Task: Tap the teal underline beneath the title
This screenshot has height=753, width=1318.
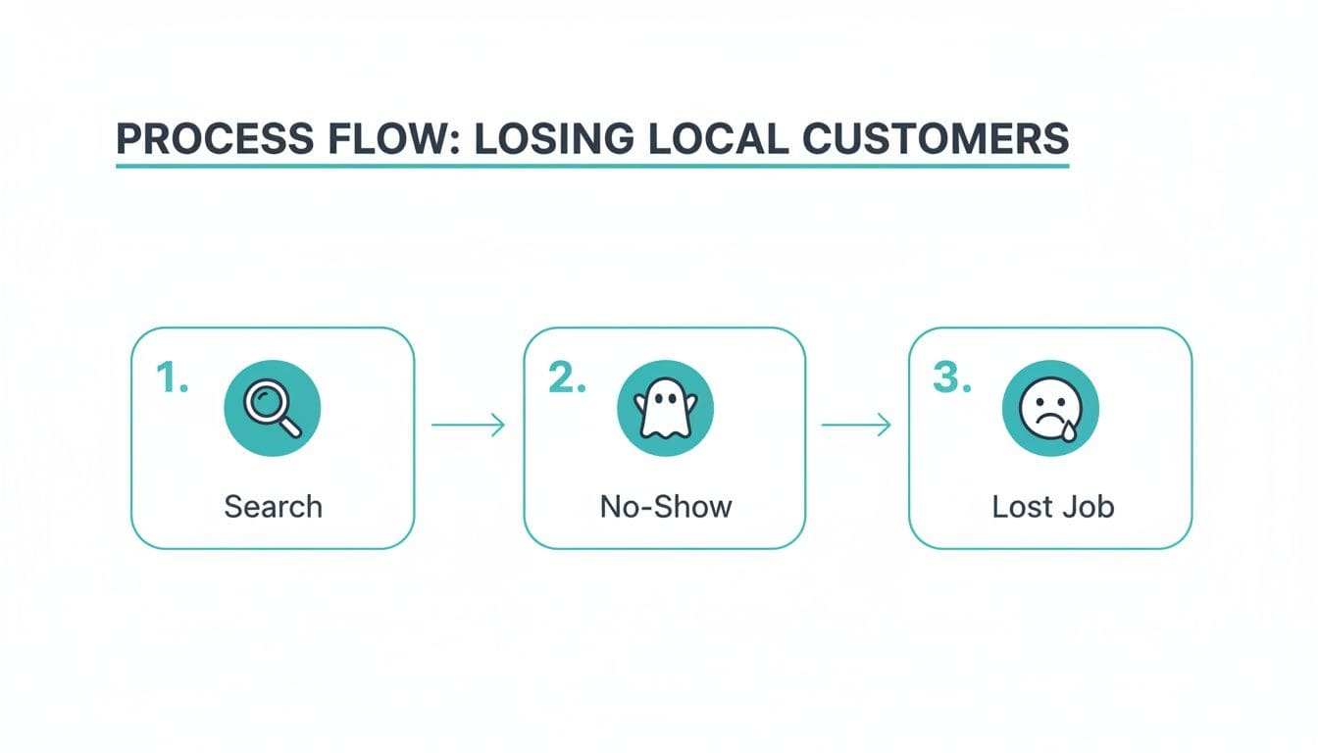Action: coord(591,166)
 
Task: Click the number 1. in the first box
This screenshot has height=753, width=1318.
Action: coord(173,377)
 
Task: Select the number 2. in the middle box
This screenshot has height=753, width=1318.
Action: coord(566,377)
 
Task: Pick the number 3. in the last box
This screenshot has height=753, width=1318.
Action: coord(951,377)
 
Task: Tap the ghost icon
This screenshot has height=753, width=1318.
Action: coord(665,408)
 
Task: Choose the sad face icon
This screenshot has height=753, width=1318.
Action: coord(1049,408)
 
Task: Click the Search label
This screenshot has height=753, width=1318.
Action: coord(273,507)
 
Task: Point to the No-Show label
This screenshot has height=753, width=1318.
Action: coord(666,507)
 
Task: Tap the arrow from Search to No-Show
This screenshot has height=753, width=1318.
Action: coord(468,425)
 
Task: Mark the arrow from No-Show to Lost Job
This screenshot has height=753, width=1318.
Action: coord(856,425)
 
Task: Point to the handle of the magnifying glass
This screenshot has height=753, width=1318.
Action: coord(291,426)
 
